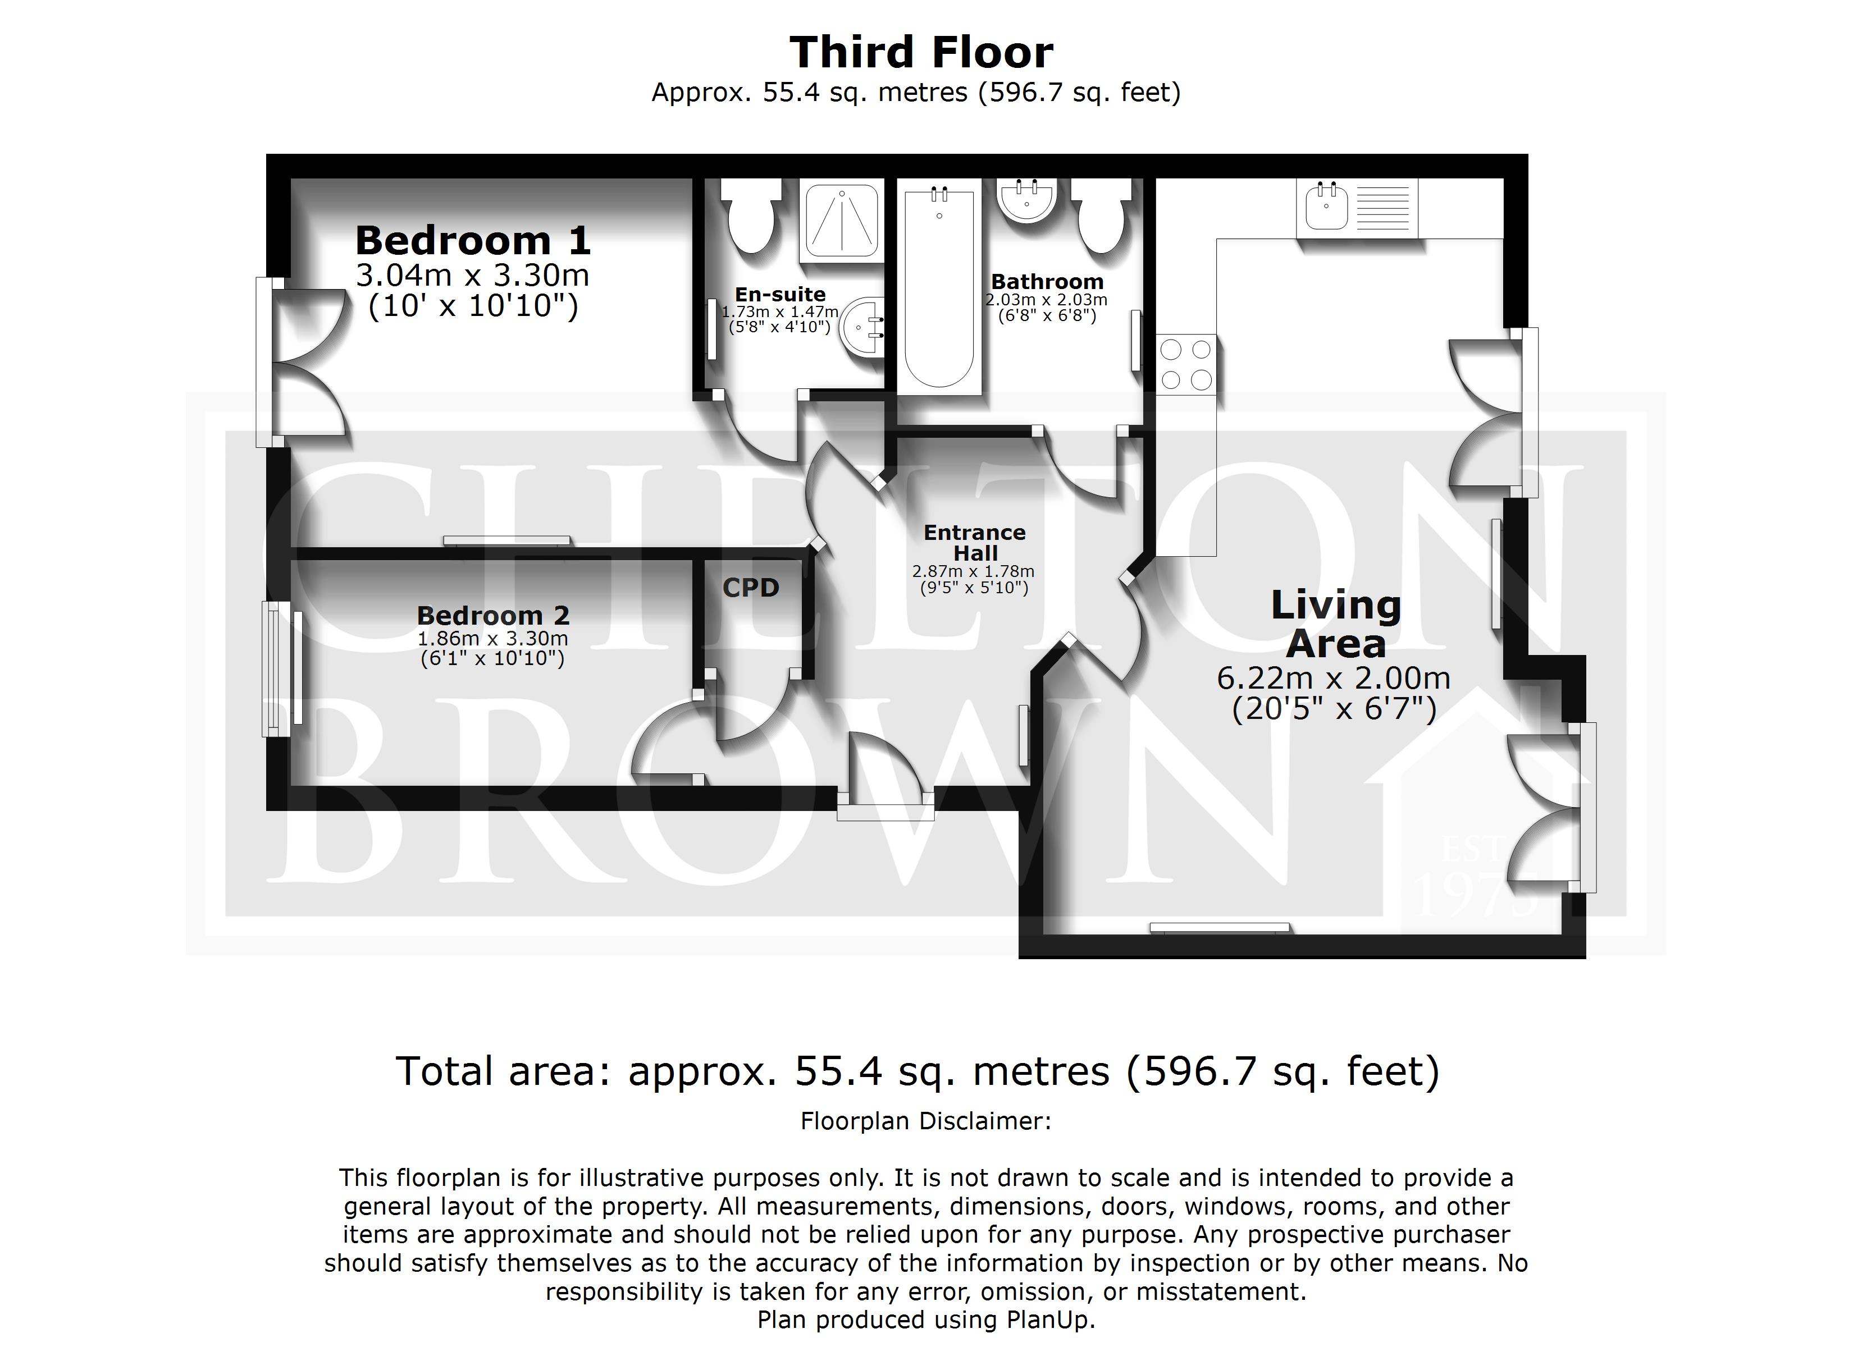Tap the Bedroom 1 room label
coord(473,240)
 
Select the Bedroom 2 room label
coord(492,615)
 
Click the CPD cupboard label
coord(751,587)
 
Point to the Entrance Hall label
coord(975,542)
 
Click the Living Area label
coord(1336,624)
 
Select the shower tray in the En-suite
coord(842,221)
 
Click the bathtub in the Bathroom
coord(939,287)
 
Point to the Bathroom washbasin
coord(1028,201)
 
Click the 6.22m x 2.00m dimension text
coord(1334,678)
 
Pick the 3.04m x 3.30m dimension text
coord(473,275)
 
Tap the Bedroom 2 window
coord(282,669)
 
